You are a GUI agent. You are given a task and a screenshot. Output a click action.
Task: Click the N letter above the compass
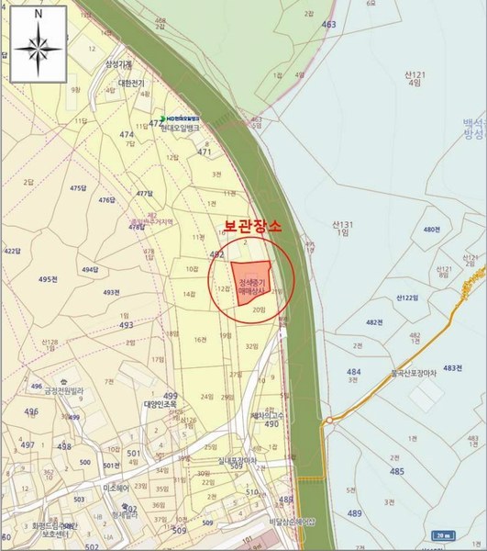point(37,16)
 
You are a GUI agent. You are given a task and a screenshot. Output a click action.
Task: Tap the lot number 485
point(396,471)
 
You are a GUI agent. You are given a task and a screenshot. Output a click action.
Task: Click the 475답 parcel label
point(77,188)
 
